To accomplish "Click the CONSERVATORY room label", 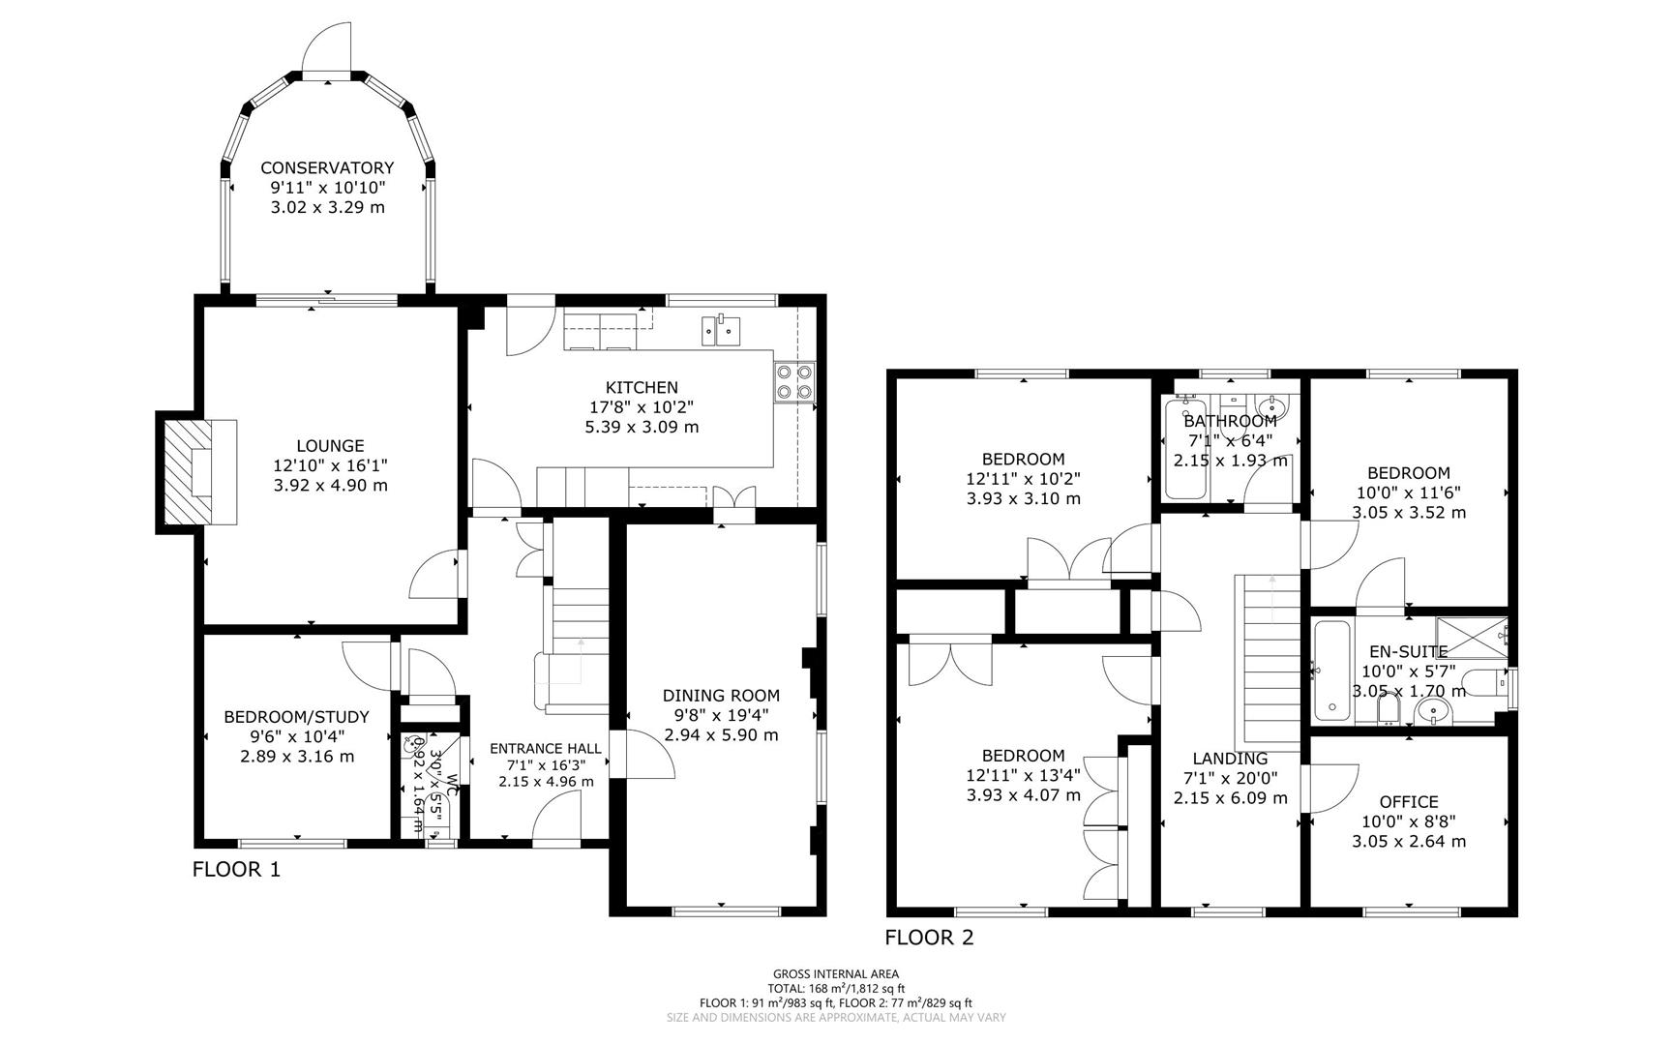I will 327,168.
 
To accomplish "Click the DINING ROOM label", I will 721,695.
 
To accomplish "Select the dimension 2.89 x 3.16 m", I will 297,757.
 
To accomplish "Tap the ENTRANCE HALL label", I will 546,748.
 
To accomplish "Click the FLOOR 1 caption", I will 236,869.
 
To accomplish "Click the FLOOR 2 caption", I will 929,937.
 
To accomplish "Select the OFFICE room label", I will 1408,801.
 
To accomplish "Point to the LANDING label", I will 1230,759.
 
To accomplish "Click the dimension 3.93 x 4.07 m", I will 1023,795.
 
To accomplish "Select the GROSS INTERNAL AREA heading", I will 836,974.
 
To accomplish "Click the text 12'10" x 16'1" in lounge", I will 330,465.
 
